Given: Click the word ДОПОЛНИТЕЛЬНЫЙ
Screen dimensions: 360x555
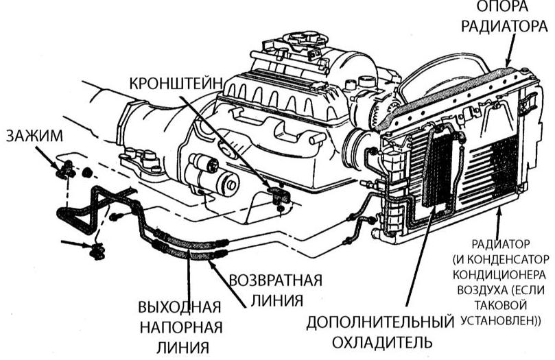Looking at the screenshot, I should [x=381, y=322].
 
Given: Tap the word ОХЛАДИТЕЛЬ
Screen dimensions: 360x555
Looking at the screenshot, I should [x=381, y=341].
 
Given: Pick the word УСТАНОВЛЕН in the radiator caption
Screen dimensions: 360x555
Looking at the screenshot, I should [x=499, y=320].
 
